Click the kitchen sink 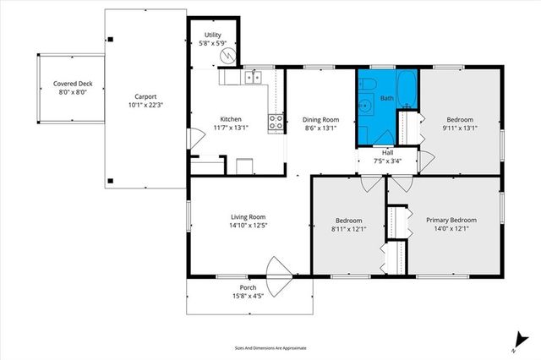click(252, 79)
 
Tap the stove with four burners click(276, 122)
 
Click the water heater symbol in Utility click(226, 55)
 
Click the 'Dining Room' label click(320, 119)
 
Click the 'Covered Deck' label click(72, 83)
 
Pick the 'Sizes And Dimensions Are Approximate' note click(270, 347)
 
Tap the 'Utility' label click(212, 35)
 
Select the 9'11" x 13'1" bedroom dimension click(460, 128)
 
